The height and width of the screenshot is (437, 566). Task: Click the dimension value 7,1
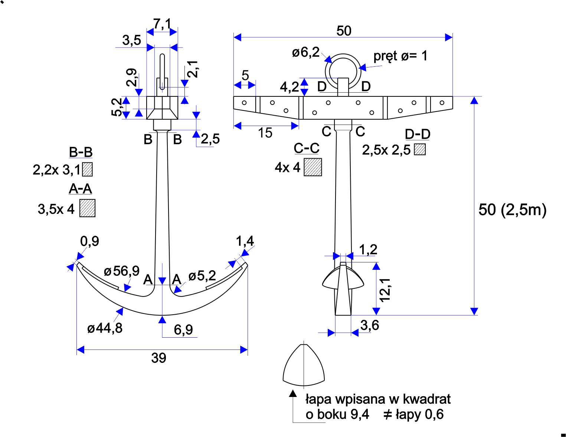[162, 24]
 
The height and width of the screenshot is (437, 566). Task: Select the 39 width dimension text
[158, 358]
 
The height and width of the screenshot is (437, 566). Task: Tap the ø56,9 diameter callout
[121, 271]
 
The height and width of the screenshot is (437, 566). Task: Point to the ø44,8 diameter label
[105, 328]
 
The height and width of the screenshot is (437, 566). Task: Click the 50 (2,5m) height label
[512, 210]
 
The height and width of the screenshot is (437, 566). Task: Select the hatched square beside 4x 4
[313, 167]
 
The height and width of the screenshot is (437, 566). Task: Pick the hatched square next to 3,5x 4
[88, 208]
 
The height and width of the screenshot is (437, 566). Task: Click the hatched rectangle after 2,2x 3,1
[88, 169]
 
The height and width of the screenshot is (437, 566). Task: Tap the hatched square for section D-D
[420, 149]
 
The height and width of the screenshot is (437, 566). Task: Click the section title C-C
[307, 148]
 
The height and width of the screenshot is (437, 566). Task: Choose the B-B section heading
[81, 152]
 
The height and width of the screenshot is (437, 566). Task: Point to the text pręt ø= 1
[400, 56]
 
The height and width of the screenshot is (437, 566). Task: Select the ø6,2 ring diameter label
[305, 53]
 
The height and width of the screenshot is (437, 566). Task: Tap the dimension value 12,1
[385, 289]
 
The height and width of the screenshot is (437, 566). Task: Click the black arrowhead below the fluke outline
[293, 394]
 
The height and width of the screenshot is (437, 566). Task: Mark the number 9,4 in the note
[359, 414]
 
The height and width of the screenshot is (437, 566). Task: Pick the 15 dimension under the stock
[265, 133]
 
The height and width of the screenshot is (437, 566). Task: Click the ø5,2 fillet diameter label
[202, 276]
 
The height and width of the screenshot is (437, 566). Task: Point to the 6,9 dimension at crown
[183, 330]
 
